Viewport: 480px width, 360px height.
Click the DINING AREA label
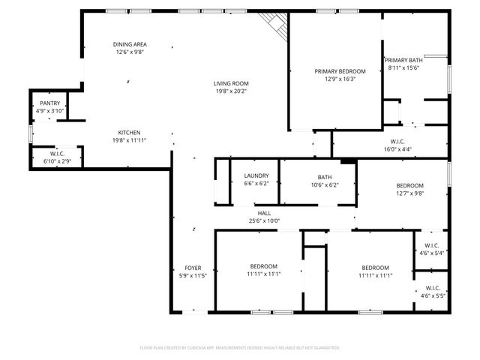point(129,44)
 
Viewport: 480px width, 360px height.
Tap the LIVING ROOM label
point(231,83)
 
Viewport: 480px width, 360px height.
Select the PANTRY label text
point(50,103)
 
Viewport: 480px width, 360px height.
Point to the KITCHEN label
point(129,132)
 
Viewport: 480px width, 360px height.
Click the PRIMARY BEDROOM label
point(335,71)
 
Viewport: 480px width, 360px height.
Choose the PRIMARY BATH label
point(404,60)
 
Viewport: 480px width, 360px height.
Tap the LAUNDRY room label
point(256,176)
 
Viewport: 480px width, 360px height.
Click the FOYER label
point(193,268)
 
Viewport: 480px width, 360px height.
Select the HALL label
point(264,213)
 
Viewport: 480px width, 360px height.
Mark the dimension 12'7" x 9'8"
point(410,193)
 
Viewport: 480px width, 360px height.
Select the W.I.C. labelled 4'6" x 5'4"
point(432,253)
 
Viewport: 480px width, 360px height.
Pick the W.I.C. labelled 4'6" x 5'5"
point(432,295)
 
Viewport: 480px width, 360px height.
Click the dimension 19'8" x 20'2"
point(231,91)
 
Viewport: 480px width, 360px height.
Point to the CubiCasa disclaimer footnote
point(240,348)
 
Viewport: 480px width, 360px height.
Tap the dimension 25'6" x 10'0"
point(264,221)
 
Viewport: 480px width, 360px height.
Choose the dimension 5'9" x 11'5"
point(193,276)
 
